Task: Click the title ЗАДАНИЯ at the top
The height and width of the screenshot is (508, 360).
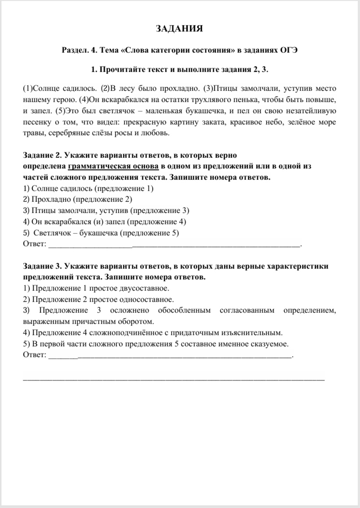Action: (x=180, y=29)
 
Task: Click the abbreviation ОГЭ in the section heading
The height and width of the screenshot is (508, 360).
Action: (x=288, y=50)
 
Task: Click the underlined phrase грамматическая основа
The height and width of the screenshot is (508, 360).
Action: (x=113, y=166)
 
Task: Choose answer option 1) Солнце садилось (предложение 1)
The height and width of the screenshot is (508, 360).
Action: (x=88, y=189)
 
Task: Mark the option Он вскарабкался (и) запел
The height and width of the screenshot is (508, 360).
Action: (x=104, y=221)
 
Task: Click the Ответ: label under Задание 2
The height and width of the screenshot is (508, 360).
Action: (x=34, y=244)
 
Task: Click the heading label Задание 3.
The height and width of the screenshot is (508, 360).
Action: (x=42, y=266)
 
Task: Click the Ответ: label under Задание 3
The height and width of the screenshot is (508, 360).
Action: (x=34, y=355)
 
